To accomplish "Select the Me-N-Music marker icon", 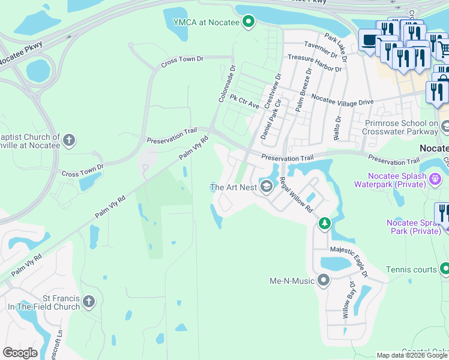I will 324,280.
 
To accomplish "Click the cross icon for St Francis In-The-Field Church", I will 89,301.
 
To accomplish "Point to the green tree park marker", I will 324,224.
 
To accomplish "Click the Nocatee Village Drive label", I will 342,103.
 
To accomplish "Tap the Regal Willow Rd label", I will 297,199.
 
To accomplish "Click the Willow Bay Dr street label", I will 346,301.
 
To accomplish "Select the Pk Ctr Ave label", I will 246,103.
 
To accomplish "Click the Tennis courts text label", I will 412,270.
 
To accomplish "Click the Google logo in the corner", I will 20,352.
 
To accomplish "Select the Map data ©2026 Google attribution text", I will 411,355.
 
